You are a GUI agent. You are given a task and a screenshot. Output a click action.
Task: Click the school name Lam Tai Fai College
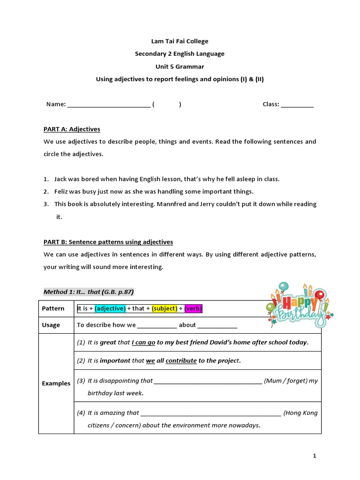(180, 41)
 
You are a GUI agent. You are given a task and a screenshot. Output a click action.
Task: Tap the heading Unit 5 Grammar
(180, 67)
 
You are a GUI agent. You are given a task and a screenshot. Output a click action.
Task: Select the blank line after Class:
(297, 105)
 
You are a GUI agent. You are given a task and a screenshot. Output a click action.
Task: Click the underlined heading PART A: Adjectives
(72, 129)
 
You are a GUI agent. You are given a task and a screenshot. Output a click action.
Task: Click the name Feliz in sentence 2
(62, 191)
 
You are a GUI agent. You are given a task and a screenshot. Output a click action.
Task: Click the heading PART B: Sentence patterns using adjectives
(108, 242)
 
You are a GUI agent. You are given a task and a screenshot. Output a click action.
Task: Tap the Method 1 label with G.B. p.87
(89, 292)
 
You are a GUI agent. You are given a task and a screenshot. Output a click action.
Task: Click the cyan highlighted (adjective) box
(110, 308)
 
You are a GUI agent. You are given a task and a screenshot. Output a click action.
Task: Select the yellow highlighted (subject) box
(165, 308)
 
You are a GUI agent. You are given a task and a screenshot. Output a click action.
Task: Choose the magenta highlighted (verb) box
(193, 308)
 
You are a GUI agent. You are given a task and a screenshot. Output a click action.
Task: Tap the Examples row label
(56, 383)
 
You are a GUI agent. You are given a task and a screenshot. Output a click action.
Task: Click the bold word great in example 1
(108, 342)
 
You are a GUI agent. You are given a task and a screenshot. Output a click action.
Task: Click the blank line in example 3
(208, 381)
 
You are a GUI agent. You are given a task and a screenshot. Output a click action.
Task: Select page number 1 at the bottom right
(315, 455)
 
